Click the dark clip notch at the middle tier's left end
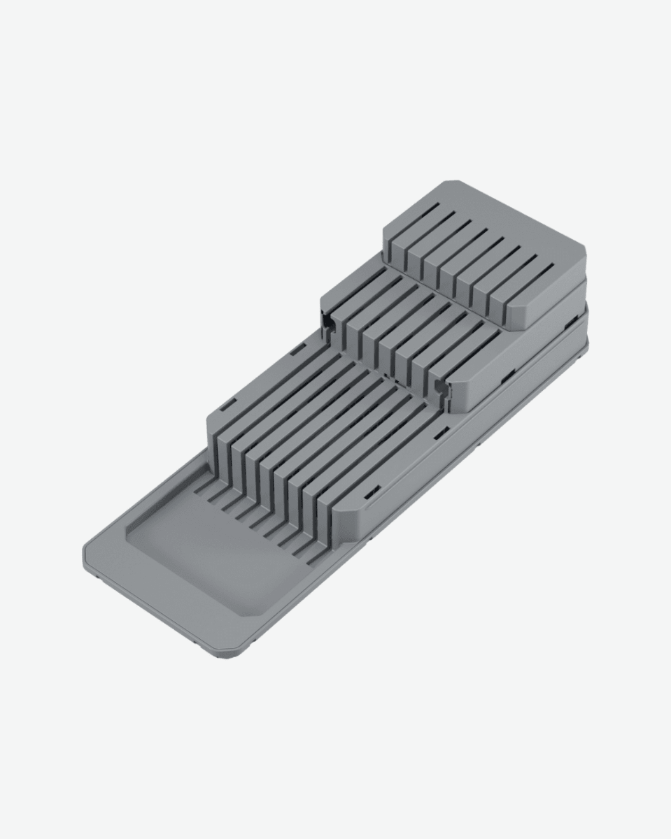326,322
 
